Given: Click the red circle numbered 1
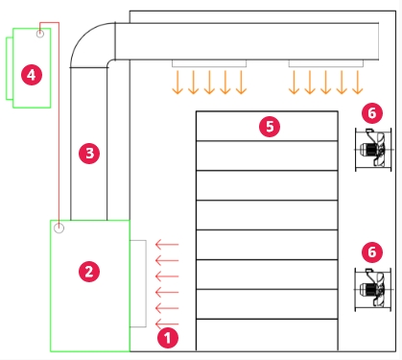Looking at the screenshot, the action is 168,338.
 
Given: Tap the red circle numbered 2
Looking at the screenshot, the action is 89,272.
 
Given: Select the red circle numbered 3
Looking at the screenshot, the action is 89,154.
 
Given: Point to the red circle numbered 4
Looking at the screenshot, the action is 32,75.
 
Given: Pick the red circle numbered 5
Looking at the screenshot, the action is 270,127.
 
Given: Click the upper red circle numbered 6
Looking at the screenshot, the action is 372,113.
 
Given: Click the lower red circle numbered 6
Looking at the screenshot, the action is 372,252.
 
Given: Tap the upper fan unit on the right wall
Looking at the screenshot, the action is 373,150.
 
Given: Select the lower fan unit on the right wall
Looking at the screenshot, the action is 373,290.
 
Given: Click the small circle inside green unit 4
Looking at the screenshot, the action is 40,34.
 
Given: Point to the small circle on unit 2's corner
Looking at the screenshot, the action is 59,228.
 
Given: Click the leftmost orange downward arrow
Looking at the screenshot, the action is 177,83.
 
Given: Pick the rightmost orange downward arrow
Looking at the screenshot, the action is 357,83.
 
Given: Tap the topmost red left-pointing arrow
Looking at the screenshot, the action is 167,245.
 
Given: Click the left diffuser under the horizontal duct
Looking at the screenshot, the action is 209,63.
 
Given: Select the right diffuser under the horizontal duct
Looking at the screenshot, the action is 326,63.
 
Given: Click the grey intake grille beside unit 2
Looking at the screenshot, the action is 138,283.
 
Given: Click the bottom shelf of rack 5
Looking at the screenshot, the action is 267,335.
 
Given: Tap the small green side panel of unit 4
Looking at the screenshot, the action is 10,68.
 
